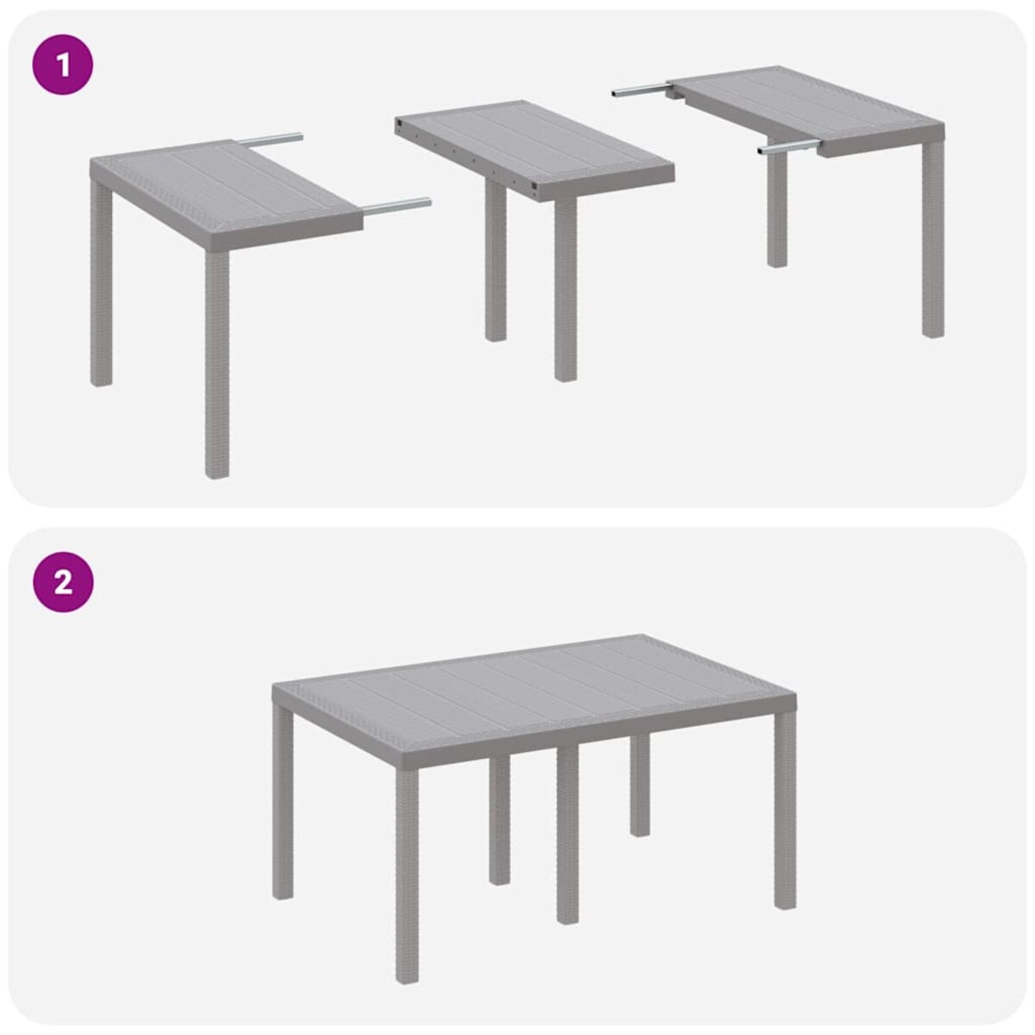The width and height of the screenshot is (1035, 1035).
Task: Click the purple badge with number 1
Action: [x=63, y=65]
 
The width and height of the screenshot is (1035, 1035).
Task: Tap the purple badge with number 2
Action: [x=63, y=582]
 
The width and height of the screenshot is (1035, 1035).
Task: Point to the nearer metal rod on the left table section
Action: [x=397, y=206]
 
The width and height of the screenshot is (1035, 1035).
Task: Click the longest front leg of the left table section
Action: [x=217, y=362]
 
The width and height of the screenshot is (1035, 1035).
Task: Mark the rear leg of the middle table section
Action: [x=495, y=259]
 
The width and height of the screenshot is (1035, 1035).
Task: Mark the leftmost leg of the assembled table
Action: [x=283, y=802]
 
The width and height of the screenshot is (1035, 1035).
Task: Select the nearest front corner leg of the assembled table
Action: [x=407, y=871]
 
